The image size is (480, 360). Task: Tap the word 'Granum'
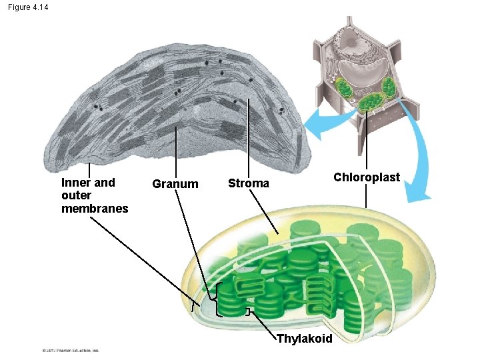click(175, 184)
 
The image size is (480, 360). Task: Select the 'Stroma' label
click(249, 183)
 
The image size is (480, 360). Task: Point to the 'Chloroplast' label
click(367, 177)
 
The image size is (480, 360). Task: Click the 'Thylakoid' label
click(304, 339)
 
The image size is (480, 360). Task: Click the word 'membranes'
click(95, 209)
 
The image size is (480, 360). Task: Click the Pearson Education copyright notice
click(69, 349)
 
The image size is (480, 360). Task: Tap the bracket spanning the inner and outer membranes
click(194, 307)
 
